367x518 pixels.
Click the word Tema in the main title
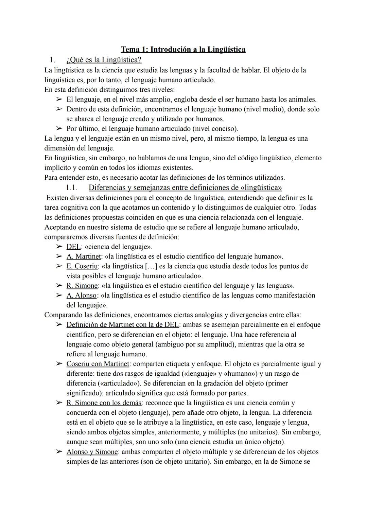[x=130, y=50]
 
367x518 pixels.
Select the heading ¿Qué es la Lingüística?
[x=104, y=60]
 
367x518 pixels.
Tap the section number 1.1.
[x=72, y=187]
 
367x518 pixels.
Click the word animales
[x=302, y=100]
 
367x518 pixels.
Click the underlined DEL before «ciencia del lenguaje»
[x=73, y=247]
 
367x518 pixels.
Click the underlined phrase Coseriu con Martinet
[x=98, y=364]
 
